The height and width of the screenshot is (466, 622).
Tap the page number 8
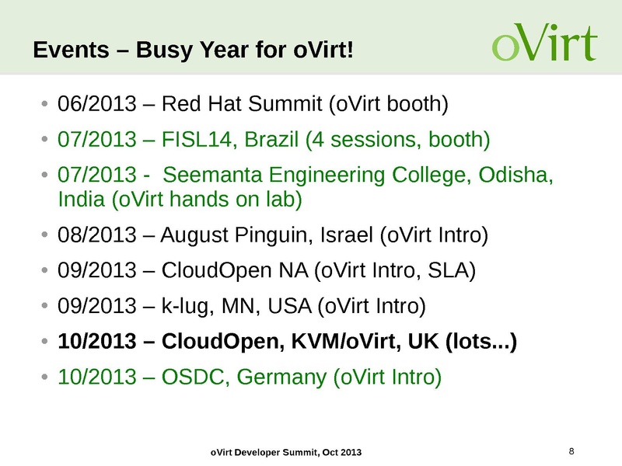572,451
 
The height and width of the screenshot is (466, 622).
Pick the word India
82,199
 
